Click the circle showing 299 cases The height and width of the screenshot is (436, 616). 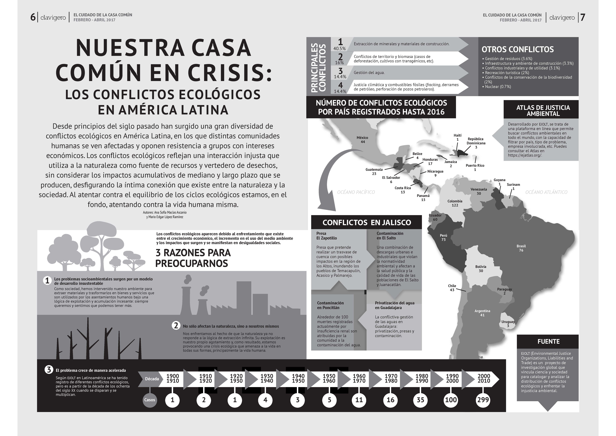[483, 400]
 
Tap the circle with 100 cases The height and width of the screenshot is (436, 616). [451, 400]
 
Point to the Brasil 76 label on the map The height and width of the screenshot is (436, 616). [521, 248]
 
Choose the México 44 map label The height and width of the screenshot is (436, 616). [362, 140]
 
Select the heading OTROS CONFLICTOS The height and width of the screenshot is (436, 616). [518, 49]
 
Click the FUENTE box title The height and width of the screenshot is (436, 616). [548, 341]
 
